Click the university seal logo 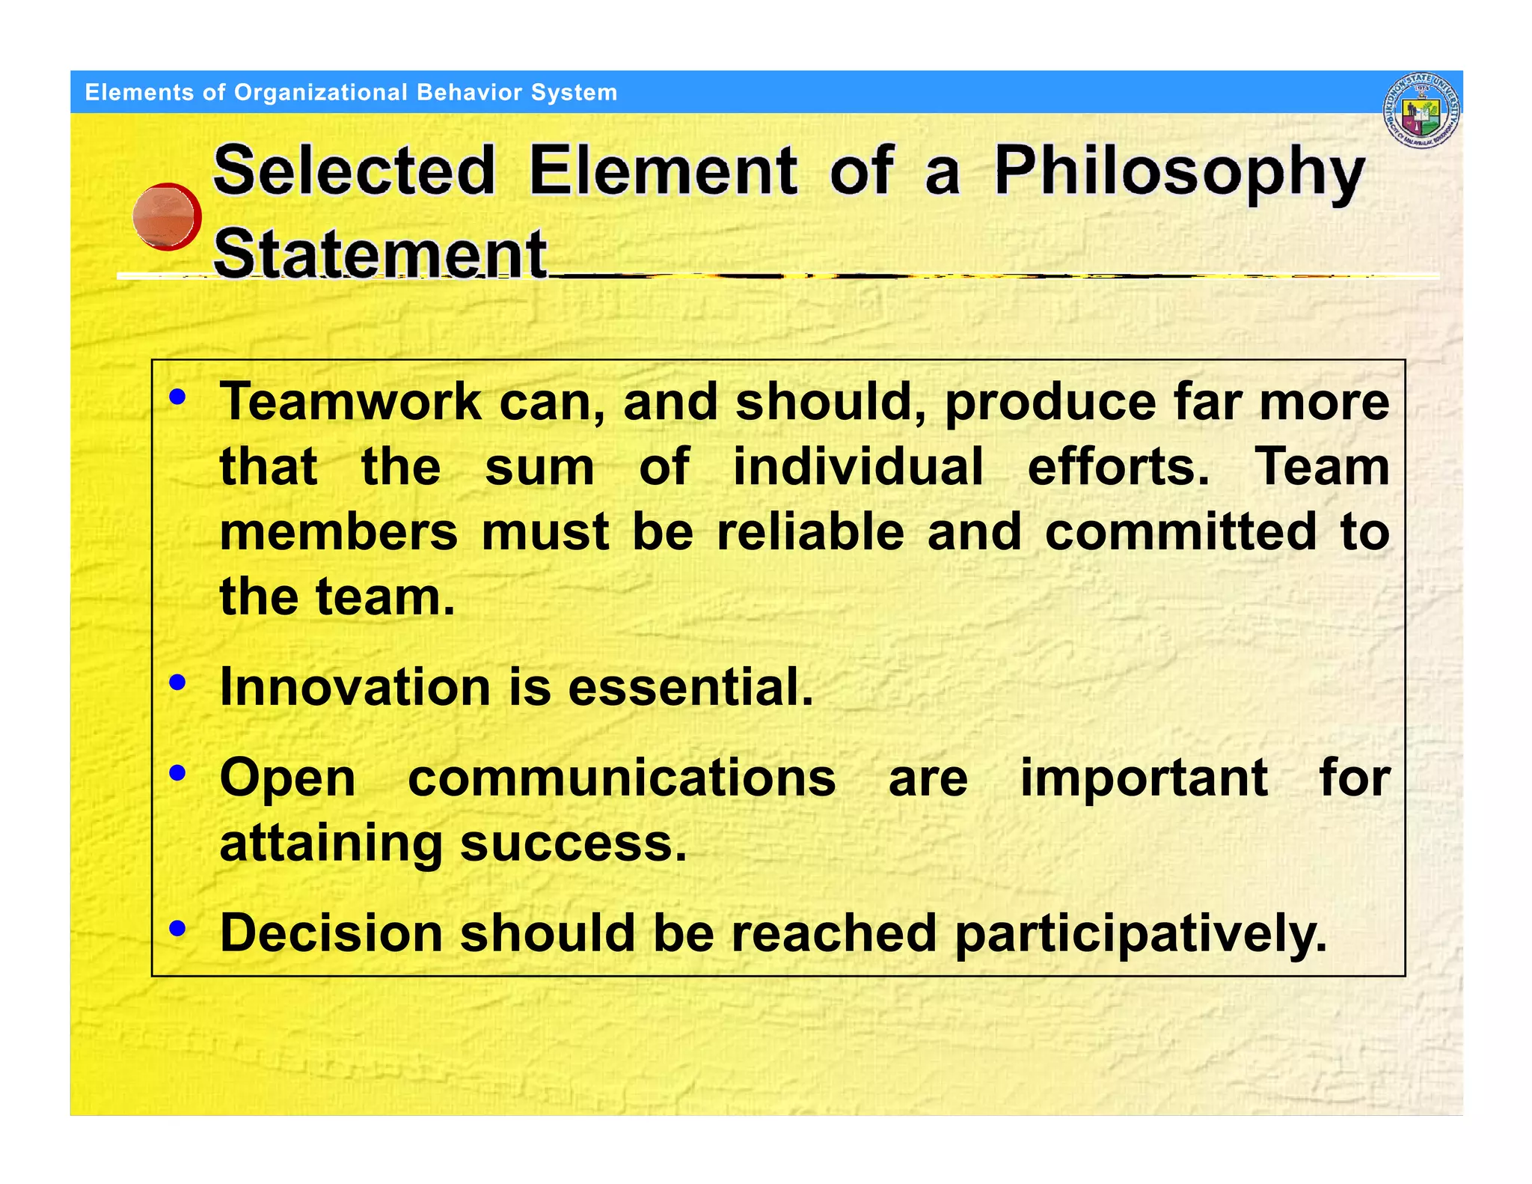coord(1421,111)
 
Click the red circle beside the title coord(167,216)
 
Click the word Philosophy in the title coord(1180,172)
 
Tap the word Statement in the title coord(380,254)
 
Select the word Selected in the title coord(355,171)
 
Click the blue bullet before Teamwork coord(177,397)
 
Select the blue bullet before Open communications coord(177,772)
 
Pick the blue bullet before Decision coord(177,928)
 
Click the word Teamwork coord(350,402)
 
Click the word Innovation coord(355,687)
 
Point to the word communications coord(622,778)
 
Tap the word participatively coord(1141,935)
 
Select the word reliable coord(810,532)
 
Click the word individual coord(857,467)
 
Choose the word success coord(572,843)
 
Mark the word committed coord(1180,532)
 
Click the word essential coord(690,687)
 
